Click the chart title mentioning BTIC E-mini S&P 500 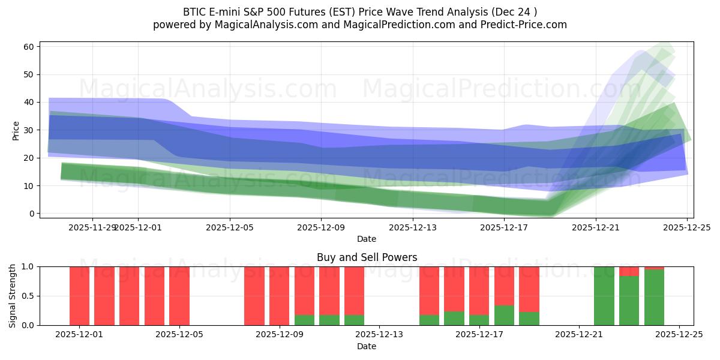360,12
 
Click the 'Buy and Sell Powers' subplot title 367,257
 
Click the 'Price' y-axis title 16,130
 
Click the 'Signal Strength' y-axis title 13,296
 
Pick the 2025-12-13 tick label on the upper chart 412,227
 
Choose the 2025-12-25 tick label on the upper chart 687,227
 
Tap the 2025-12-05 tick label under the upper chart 229,227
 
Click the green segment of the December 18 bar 529,319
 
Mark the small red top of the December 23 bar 629,271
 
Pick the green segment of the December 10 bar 329,320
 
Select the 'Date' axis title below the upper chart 367,239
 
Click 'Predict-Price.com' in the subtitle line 520,25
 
